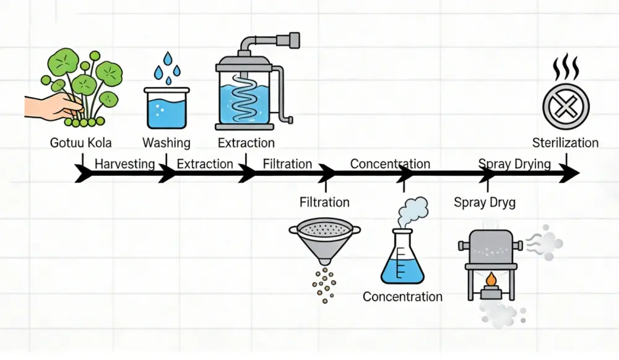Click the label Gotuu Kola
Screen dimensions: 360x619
81,143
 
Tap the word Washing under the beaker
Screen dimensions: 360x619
167,143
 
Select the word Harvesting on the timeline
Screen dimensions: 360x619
124,164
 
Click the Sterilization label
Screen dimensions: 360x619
565,143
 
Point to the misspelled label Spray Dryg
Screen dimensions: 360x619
485,202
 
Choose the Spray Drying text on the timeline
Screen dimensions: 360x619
514,164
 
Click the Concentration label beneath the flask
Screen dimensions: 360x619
402,297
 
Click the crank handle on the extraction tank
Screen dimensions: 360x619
285,102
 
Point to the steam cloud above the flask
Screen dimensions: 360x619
412,211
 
